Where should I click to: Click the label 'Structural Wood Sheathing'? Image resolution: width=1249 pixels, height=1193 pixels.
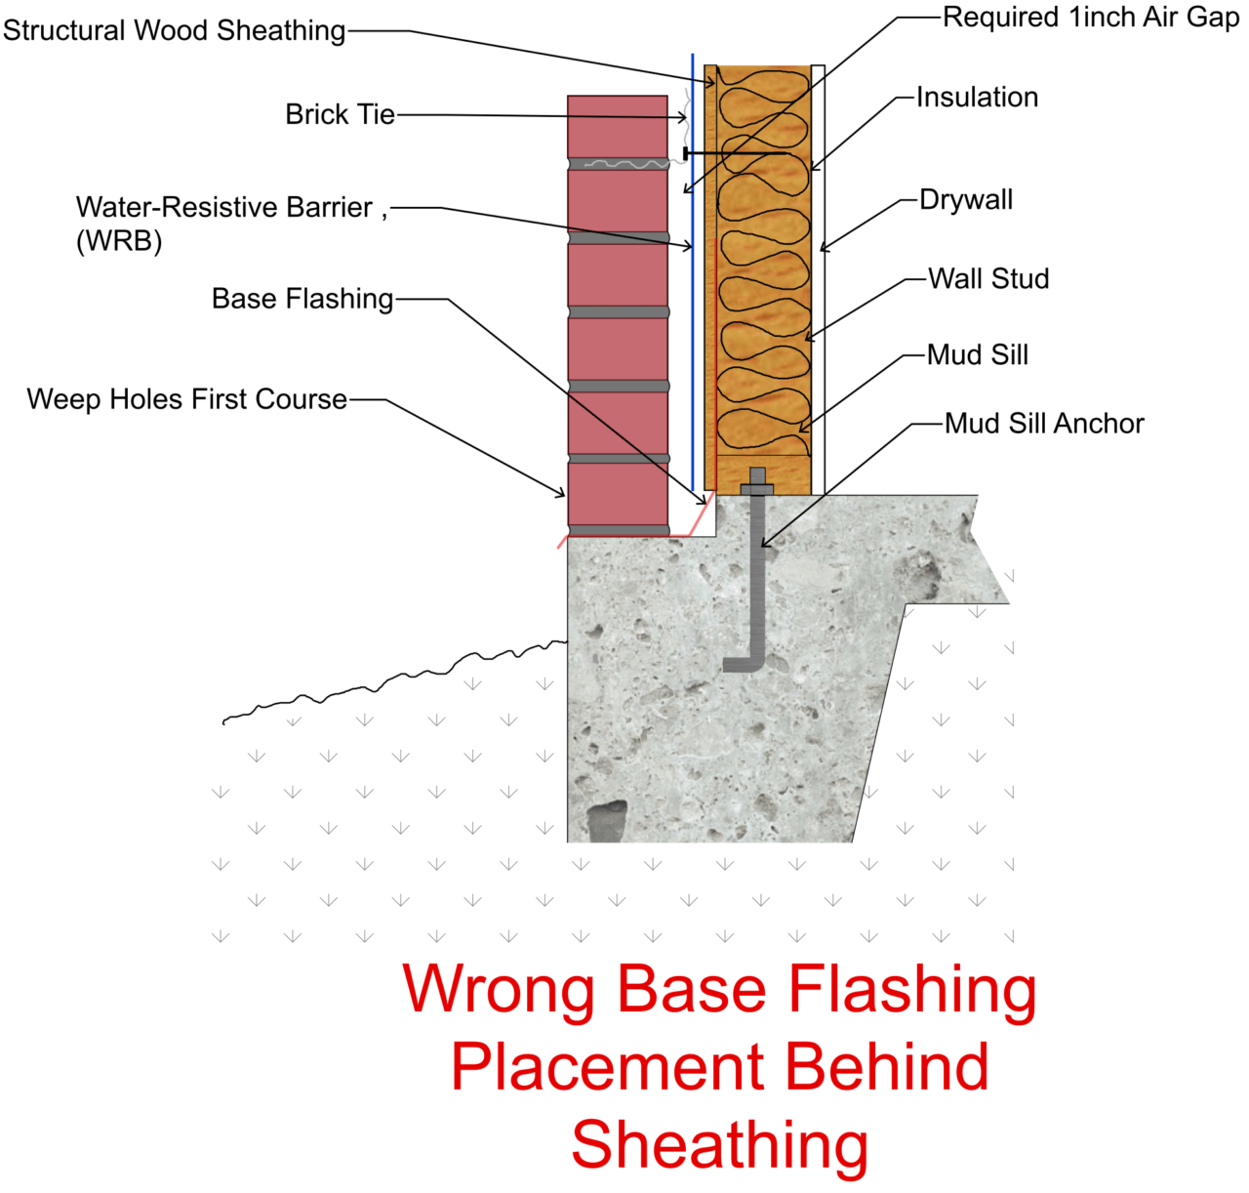[x=174, y=30]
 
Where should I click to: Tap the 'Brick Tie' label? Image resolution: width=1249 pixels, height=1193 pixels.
[x=340, y=114]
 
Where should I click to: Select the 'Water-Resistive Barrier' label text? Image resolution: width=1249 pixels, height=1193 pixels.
[x=224, y=208]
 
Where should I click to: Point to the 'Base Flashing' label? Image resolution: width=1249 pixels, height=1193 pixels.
[x=302, y=299]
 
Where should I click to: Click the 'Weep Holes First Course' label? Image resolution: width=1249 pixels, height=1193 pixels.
[x=187, y=399]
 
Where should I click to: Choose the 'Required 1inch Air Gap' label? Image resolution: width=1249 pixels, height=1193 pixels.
[x=1090, y=18]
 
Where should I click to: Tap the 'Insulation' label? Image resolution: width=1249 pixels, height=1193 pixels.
[x=977, y=98]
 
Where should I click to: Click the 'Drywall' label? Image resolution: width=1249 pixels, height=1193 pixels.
[x=966, y=200]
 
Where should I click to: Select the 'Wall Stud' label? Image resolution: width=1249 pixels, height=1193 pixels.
[x=988, y=279]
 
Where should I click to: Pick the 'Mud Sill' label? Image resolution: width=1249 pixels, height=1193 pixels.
[x=978, y=355]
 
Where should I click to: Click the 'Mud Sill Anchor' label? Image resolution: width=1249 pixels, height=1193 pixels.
[x=1044, y=424]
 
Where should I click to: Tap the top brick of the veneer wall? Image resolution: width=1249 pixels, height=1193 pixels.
[x=618, y=126]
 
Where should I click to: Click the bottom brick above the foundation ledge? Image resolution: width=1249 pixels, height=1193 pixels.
[x=618, y=494]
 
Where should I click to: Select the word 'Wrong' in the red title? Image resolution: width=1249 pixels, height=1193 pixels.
[x=499, y=989]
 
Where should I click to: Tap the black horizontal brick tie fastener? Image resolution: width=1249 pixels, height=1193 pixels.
[x=737, y=153]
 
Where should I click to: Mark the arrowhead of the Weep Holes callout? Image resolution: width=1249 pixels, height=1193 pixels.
[x=561, y=495]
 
